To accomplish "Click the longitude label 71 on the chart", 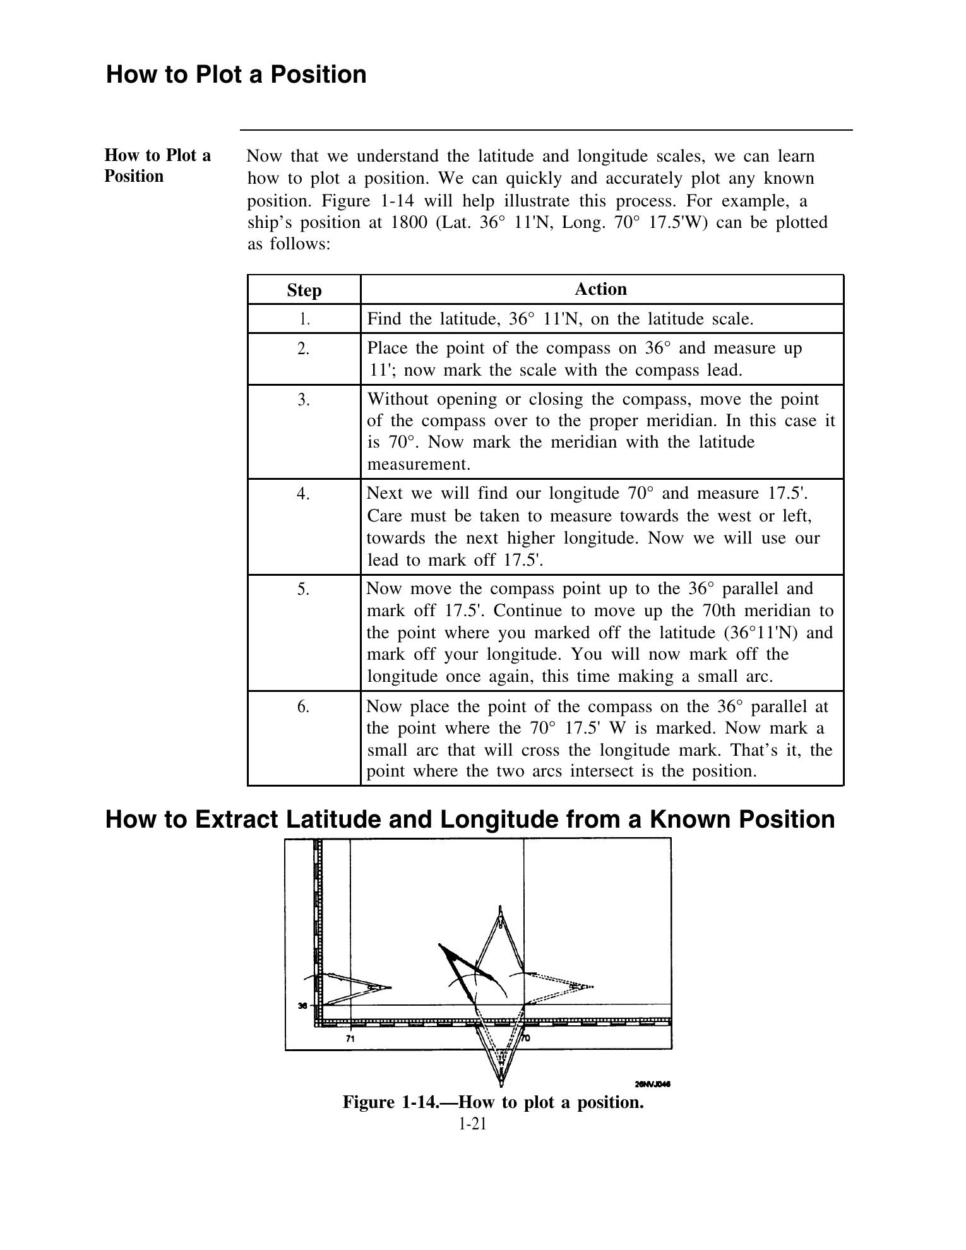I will (350, 1038).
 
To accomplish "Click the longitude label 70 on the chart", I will (526, 1038).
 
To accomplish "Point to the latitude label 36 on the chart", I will (303, 1006).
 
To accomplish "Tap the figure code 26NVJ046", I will (652, 1085).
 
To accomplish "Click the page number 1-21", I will (473, 1124).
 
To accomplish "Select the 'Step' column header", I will (304, 290).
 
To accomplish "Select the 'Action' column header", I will (600, 289).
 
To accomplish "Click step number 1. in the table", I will (304, 319).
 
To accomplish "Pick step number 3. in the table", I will (304, 400).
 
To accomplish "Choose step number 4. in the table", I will (304, 494).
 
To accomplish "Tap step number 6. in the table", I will (304, 706).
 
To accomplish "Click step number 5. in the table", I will (304, 589).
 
